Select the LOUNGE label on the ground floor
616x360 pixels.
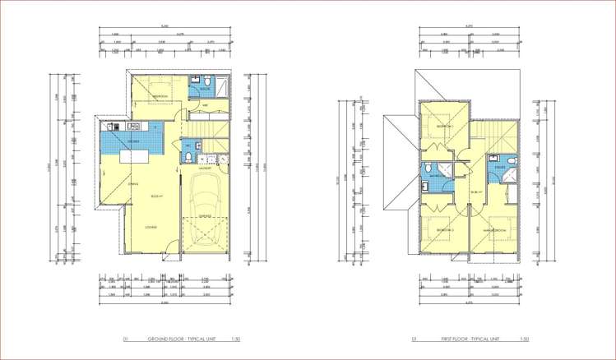151,226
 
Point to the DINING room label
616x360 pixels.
133,183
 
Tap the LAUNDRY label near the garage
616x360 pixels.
205,156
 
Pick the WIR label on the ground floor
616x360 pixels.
205,104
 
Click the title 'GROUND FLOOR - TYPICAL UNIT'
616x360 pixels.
180,339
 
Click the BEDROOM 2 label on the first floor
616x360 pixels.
445,229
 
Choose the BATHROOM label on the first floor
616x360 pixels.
435,175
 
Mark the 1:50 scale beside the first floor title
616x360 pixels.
524,339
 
